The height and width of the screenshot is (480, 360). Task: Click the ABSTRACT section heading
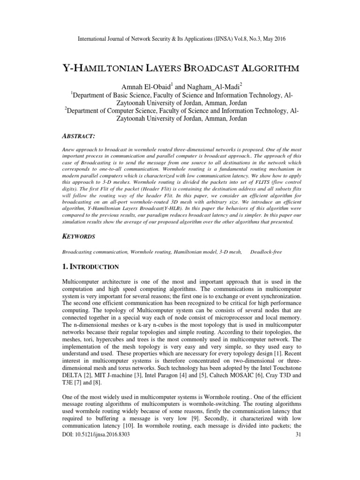[79, 135]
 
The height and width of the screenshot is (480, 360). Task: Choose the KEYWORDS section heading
[80, 237]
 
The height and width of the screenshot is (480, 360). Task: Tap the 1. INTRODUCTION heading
[92, 267]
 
